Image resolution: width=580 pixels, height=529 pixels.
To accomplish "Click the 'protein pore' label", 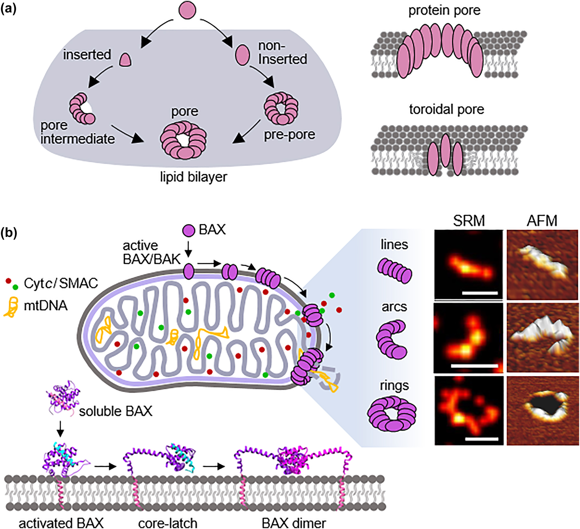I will [444, 11].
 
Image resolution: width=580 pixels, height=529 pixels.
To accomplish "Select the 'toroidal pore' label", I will [446, 110].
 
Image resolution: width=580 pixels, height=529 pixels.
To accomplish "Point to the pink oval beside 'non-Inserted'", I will [242, 55].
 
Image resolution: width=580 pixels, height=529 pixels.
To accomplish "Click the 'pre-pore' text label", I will [290, 134].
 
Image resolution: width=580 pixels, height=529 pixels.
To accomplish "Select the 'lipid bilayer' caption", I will [194, 177].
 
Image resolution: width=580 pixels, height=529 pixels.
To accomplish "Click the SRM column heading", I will [469, 221].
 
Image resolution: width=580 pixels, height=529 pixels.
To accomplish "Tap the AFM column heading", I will [542, 221].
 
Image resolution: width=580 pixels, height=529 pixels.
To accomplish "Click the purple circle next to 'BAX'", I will [188, 230].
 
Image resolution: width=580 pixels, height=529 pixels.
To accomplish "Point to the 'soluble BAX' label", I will [115, 411].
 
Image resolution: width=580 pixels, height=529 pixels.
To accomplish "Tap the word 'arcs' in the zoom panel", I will [394, 307].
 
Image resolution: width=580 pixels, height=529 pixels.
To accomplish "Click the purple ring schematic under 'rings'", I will [392, 414].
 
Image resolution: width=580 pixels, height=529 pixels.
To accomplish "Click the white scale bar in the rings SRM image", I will [481, 439].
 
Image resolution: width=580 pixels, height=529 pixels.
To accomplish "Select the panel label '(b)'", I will [9, 233].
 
